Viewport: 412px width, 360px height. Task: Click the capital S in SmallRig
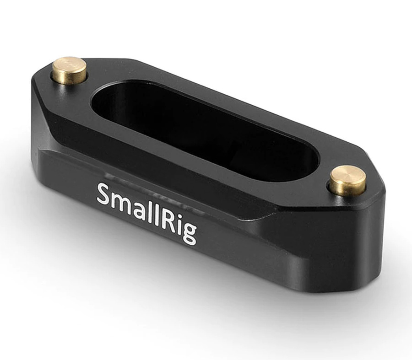[104, 194]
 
